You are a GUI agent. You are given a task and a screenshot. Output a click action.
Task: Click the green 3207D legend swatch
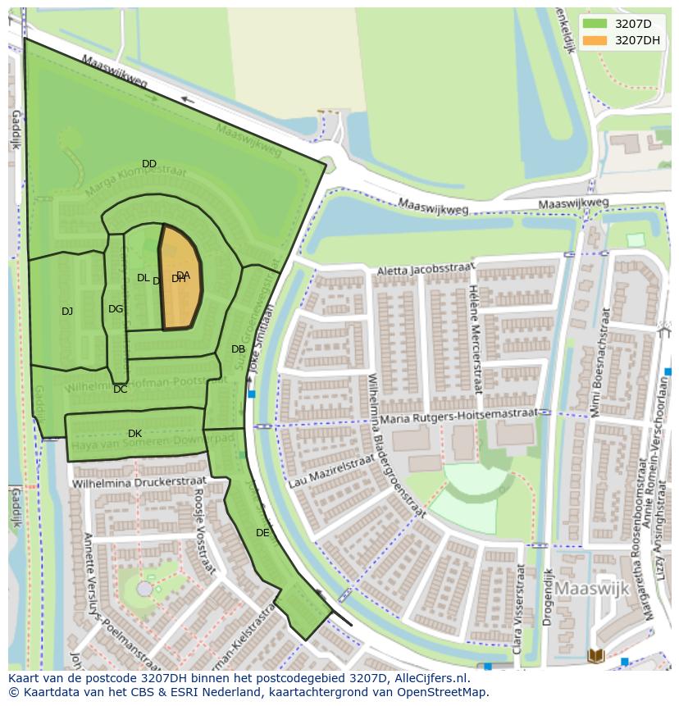point(595,24)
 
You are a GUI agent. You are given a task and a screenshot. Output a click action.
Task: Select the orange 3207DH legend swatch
point(595,40)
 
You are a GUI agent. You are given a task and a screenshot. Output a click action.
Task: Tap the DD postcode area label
point(148,164)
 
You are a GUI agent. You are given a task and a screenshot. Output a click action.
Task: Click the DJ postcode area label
point(67,311)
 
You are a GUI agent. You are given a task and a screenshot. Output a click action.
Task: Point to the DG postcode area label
point(116,309)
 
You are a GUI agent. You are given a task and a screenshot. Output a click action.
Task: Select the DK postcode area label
point(134,434)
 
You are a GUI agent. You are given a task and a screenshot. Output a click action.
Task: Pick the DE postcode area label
point(262,533)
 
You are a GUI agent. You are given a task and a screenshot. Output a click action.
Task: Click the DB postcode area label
point(238,349)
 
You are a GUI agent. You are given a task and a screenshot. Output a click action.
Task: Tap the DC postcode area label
point(121,389)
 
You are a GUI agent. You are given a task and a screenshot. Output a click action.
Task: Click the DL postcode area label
point(143,278)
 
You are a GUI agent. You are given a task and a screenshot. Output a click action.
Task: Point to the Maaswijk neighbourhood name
point(592,589)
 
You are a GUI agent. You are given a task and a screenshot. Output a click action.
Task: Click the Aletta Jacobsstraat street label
point(426,270)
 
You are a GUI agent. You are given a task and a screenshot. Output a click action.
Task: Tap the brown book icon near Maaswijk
point(596,655)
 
